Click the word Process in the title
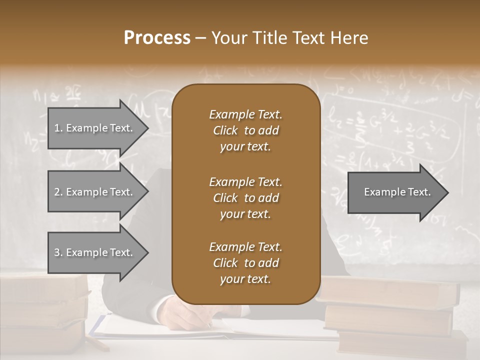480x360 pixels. pyautogui.click(x=157, y=37)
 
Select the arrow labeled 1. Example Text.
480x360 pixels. pyautogui.click(x=95, y=128)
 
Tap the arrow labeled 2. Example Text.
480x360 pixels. pyautogui.click(x=95, y=192)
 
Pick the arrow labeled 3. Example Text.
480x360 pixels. pyautogui.click(x=95, y=252)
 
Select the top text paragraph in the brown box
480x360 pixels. pyautogui.click(x=245, y=130)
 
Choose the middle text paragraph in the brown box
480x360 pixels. pyautogui.click(x=245, y=197)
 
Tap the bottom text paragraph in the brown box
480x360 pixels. pyautogui.click(x=245, y=263)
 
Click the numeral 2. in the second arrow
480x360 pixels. pyautogui.click(x=58, y=192)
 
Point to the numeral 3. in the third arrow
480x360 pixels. pyautogui.click(x=58, y=252)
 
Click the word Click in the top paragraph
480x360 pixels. pyautogui.click(x=225, y=130)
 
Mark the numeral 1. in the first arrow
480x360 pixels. pyautogui.click(x=58, y=128)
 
